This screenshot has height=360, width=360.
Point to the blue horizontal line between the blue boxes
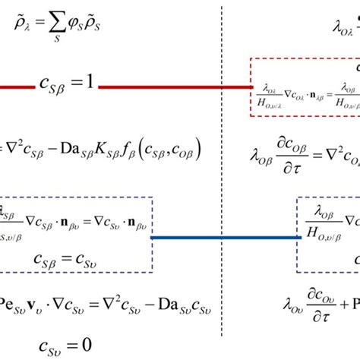(x=224, y=238)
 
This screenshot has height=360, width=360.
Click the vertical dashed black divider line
(x=223, y=175)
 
